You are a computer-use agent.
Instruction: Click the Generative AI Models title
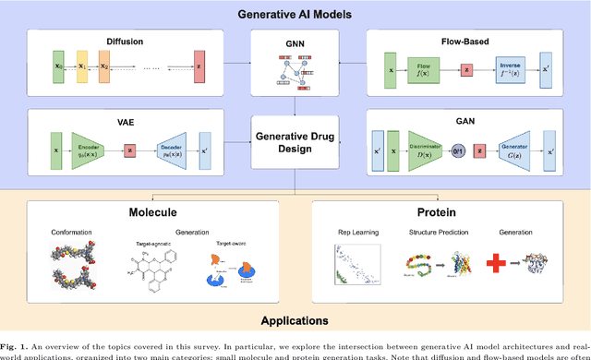[294, 14]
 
